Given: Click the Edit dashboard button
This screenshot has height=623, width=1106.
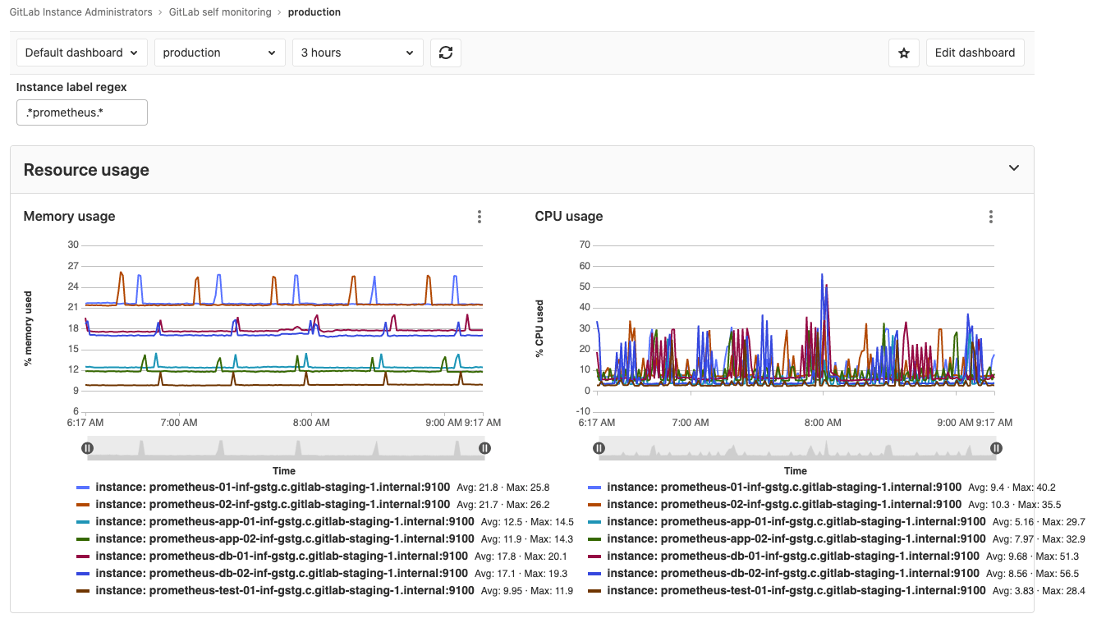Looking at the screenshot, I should coord(975,53).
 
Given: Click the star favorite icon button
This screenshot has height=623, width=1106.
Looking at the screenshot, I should coord(903,53).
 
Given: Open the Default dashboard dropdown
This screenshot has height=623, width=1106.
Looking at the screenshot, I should coord(82,53).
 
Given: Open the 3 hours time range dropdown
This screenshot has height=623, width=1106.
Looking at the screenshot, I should coord(358,53).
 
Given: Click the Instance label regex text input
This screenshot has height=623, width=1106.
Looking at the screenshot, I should coord(82,112).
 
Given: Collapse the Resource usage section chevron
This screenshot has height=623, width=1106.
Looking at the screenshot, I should coord(1014,168).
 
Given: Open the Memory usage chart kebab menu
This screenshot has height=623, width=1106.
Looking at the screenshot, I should coord(480,217).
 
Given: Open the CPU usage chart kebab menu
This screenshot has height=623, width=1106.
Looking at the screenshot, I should coord(991,217).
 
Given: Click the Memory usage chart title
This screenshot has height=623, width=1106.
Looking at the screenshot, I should coord(69,217).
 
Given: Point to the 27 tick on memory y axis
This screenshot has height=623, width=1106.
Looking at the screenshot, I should coord(73,266).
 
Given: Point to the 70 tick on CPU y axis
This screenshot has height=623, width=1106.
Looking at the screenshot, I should coord(585,245).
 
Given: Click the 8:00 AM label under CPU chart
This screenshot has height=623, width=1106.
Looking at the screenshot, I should coord(823,423).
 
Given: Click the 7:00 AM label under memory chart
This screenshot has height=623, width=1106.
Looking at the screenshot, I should coord(178,423).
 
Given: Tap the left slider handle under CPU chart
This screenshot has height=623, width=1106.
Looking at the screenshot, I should coord(599,448).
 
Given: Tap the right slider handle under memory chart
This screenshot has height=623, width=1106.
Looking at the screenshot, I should coord(484,448).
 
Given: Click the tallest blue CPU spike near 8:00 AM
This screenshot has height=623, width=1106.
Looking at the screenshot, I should coord(822,277).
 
